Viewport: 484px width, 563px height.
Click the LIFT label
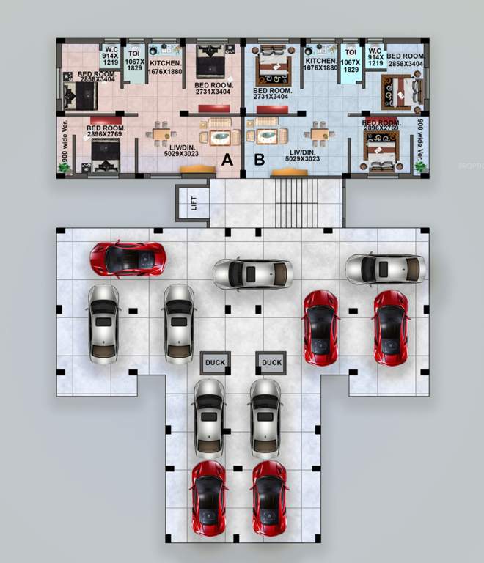click(194, 203)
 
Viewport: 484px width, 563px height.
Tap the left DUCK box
click(216, 362)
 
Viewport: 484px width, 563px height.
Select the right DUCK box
click(271, 362)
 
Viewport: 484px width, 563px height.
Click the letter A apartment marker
click(227, 158)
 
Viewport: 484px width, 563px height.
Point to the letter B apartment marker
click(258, 158)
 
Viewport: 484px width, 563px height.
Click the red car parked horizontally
click(128, 258)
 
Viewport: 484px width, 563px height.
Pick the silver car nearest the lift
click(252, 273)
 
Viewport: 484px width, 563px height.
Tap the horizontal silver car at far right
click(385, 269)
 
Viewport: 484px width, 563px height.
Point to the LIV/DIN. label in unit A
click(178, 150)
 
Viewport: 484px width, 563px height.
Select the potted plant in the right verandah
click(421, 167)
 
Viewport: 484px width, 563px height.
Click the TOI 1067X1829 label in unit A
click(135, 62)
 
